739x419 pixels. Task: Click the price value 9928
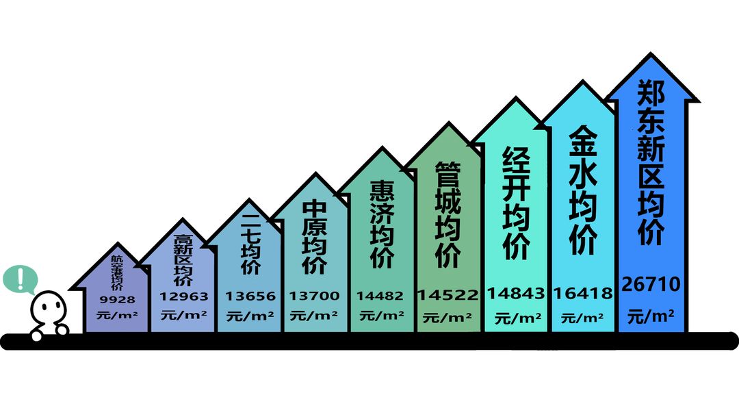tap(118, 299)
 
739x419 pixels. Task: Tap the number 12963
tap(183, 296)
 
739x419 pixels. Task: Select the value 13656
tap(250, 296)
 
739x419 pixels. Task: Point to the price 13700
tap(314, 296)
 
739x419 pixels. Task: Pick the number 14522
tap(448, 294)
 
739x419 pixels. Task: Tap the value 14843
tap(516, 293)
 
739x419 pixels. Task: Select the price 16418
tap(583, 293)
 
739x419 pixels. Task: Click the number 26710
tap(651, 284)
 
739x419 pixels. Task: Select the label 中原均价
tap(314, 238)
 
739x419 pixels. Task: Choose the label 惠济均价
tap(382, 225)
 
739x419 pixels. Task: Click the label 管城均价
tap(448, 215)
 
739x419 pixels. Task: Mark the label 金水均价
tap(583, 190)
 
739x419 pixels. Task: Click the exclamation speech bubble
tap(20, 279)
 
